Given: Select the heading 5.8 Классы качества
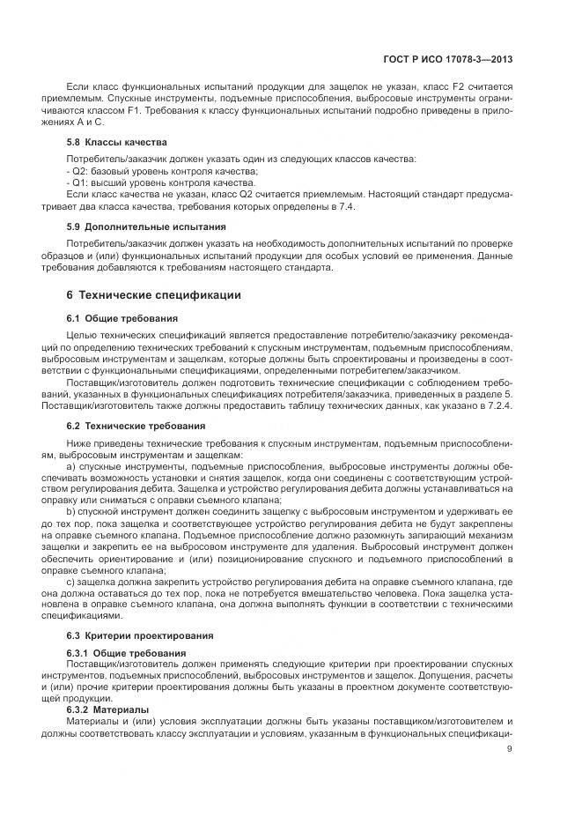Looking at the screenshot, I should [117, 142].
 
